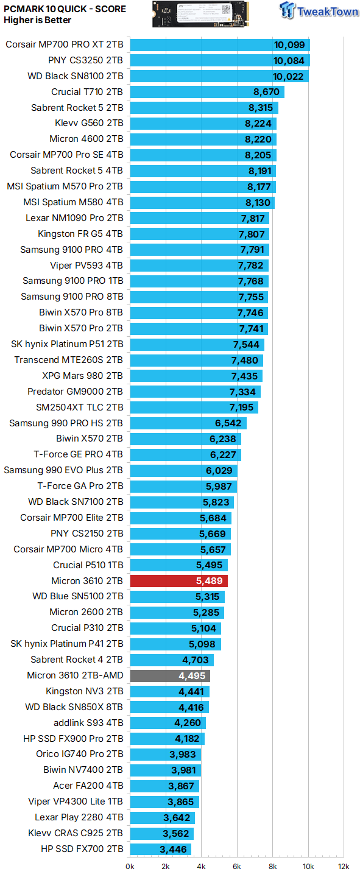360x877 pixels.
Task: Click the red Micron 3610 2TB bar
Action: (x=178, y=580)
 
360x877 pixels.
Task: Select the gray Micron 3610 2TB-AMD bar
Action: (x=170, y=675)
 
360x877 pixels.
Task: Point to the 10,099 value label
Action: (x=291, y=45)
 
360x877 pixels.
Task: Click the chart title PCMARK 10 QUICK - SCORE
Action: (x=65, y=9)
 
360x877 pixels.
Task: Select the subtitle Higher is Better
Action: (x=37, y=20)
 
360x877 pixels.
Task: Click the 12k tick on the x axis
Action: (x=344, y=866)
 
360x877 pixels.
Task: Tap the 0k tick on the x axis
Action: (x=130, y=866)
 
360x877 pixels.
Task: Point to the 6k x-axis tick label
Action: (x=237, y=866)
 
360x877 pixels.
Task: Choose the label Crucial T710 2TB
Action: (x=87, y=92)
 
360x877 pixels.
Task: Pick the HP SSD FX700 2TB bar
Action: (x=161, y=850)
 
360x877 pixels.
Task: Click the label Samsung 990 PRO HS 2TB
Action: (x=66, y=423)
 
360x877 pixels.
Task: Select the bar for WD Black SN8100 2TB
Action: (x=219, y=76)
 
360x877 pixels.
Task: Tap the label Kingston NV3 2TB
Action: (x=84, y=691)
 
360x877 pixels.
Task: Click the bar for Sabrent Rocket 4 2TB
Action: (x=172, y=660)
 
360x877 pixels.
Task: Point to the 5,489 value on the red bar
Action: (x=209, y=581)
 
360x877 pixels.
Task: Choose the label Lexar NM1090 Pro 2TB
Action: (x=74, y=218)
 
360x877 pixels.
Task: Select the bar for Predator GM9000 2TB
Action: (x=196, y=392)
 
